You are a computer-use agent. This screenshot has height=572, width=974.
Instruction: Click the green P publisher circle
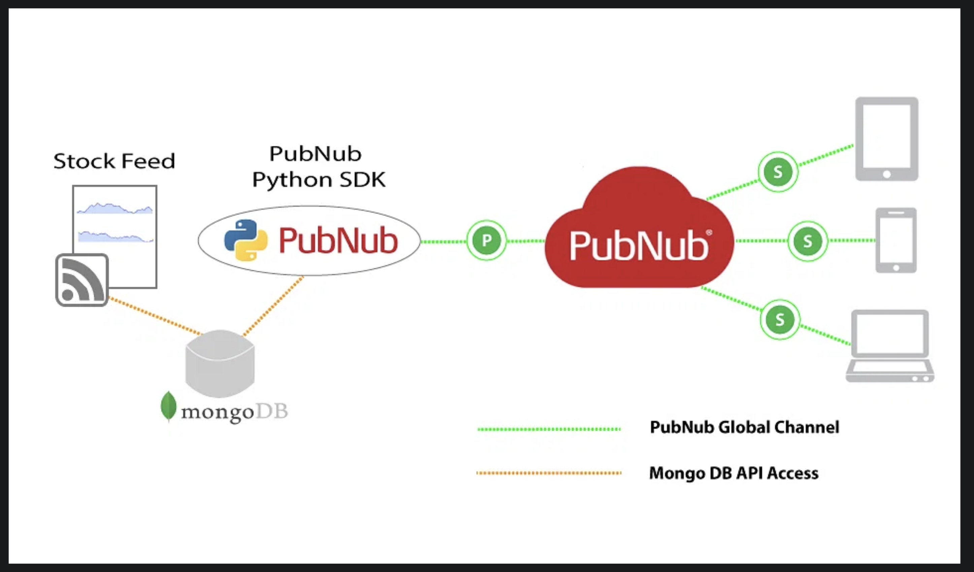click(486, 241)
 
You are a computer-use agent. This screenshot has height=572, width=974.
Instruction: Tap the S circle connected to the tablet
click(778, 171)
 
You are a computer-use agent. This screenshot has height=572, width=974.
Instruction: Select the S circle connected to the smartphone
click(807, 241)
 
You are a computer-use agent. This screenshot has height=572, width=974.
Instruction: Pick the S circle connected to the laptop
click(780, 320)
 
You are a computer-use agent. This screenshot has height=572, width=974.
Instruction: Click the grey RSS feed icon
click(82, 280)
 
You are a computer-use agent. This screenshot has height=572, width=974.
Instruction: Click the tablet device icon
click(887, 138)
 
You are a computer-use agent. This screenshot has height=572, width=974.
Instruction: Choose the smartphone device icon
click(896, 241)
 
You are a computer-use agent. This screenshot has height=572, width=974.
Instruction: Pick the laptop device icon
click(890, 346)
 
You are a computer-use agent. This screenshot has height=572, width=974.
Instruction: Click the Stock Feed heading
click(114, 161)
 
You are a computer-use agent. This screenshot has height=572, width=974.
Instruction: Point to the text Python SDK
click(319, 180)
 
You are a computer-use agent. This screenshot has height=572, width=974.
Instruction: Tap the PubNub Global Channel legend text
click(744, 427)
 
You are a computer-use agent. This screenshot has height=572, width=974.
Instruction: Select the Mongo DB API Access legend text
click(734, 473)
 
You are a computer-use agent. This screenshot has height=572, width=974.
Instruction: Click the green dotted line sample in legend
click(549, 429)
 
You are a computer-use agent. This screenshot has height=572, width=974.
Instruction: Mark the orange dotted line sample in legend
click(549, 473)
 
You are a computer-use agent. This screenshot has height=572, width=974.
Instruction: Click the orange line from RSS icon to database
click(155, 316)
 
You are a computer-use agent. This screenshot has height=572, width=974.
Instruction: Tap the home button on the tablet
click(887, 174)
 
